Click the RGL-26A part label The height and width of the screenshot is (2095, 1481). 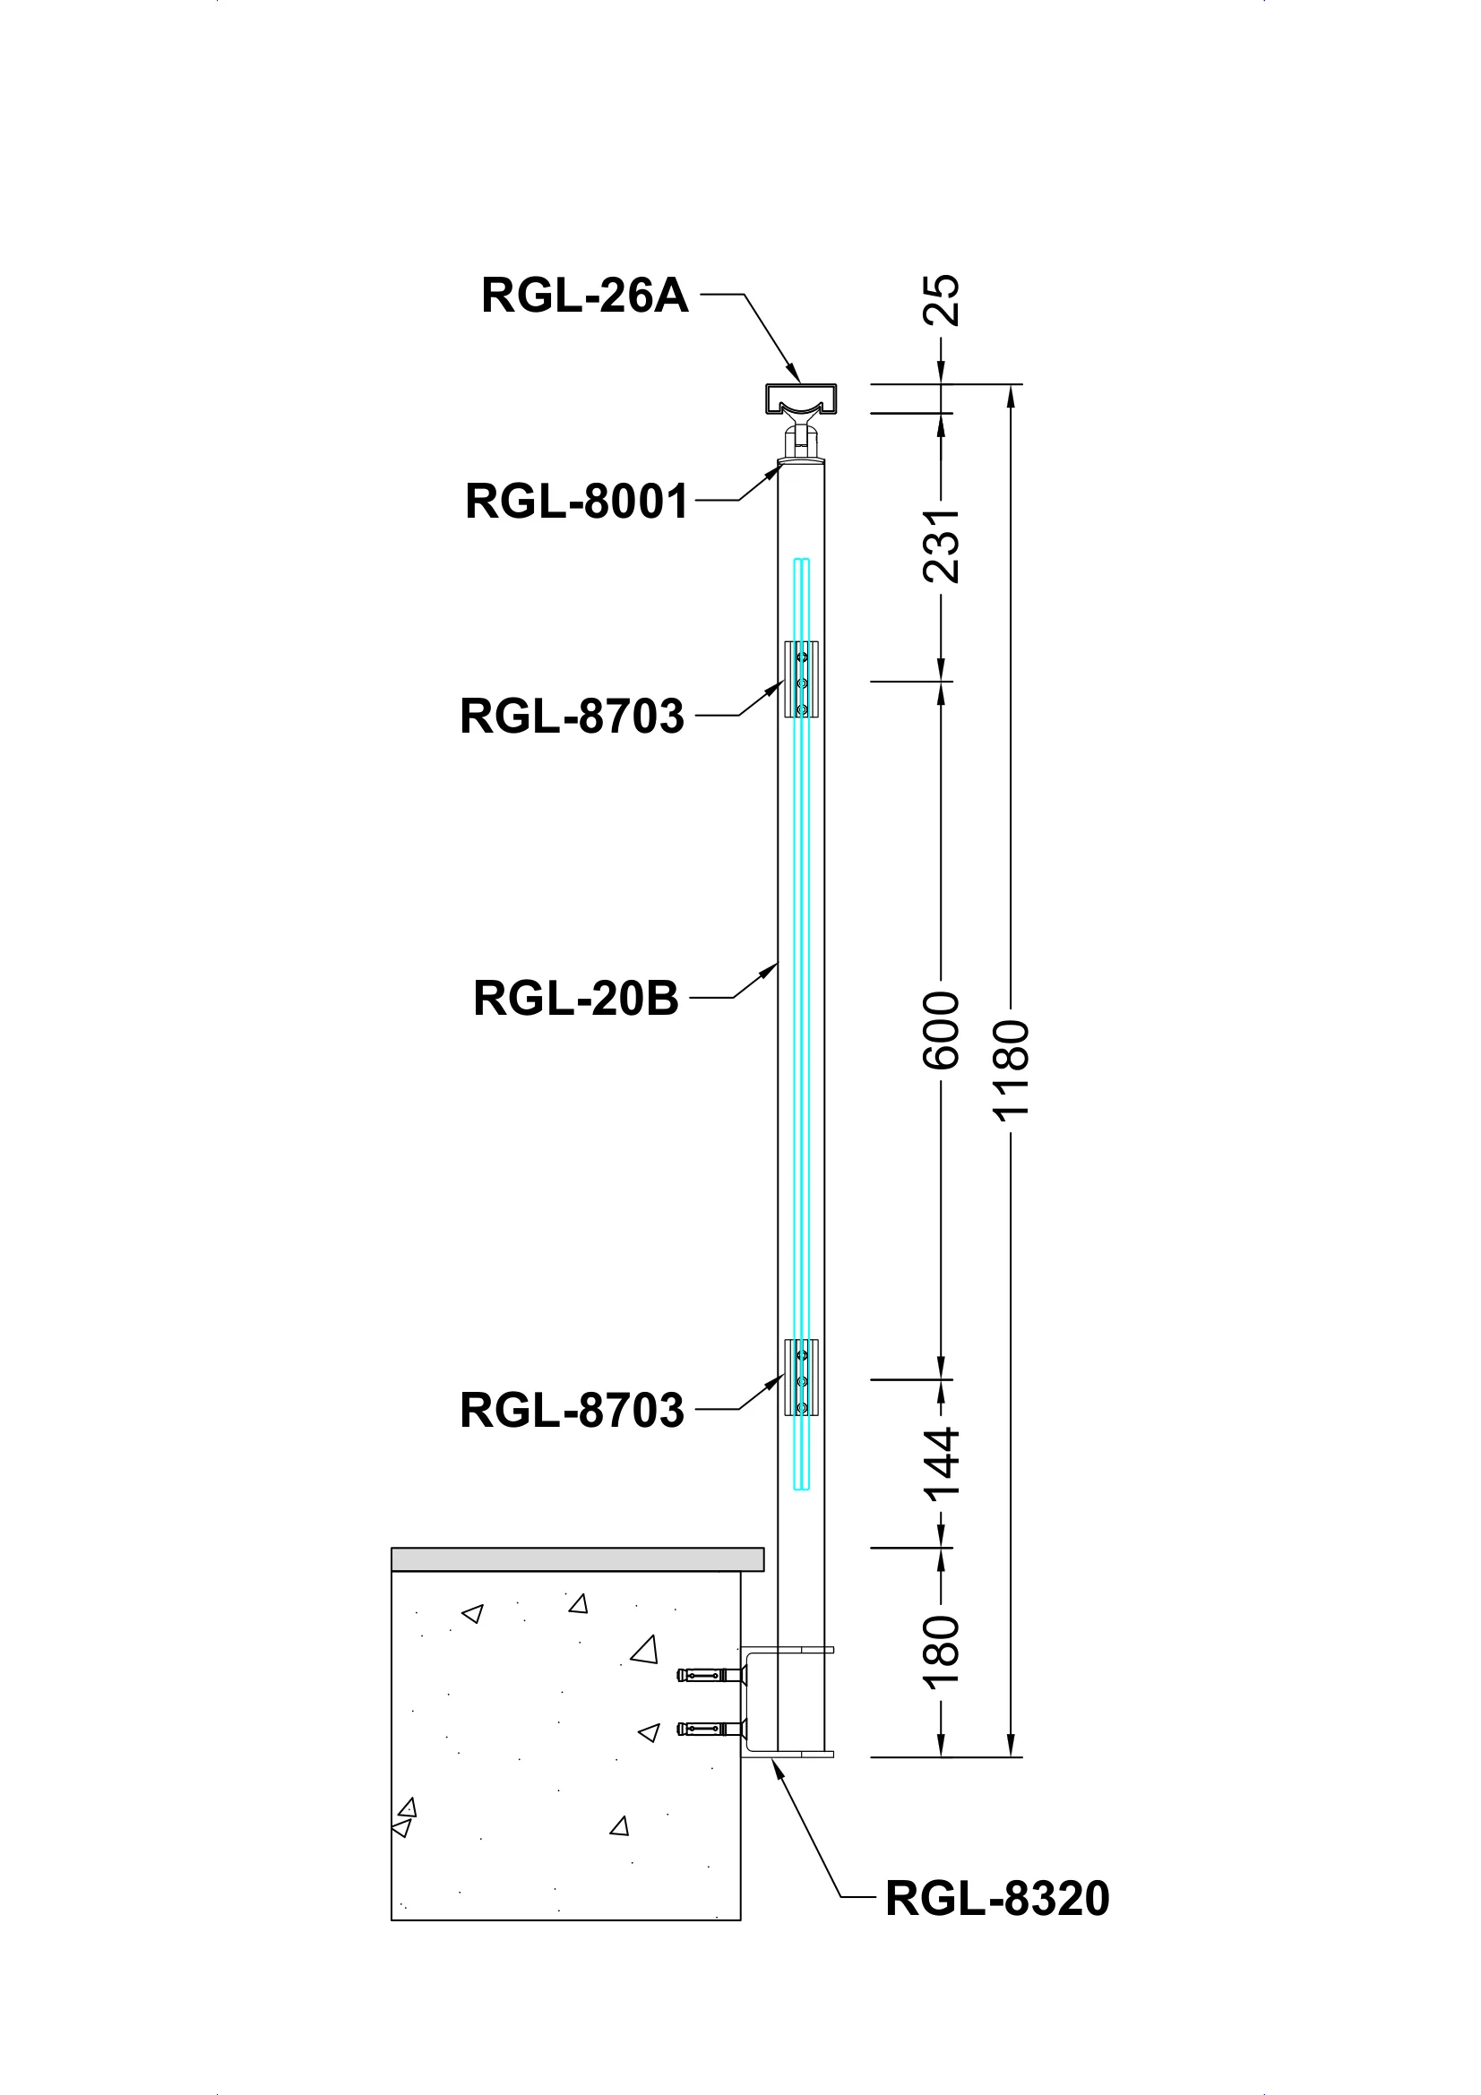584,296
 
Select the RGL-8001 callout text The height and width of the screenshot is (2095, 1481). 577,501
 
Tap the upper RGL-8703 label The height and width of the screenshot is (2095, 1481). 572,717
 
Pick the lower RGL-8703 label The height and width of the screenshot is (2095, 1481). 572,1410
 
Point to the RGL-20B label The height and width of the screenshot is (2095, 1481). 575,998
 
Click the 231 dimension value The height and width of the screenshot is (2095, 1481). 942,545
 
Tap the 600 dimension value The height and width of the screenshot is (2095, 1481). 942,1030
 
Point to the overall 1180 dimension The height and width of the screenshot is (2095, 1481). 1011,1070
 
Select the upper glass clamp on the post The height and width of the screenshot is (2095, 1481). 801,680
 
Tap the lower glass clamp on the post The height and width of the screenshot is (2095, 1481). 801,1377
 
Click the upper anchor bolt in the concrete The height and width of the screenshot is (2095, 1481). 710,1674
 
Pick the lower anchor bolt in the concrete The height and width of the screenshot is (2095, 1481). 710,1728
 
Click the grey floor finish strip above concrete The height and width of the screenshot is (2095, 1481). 577,1559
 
